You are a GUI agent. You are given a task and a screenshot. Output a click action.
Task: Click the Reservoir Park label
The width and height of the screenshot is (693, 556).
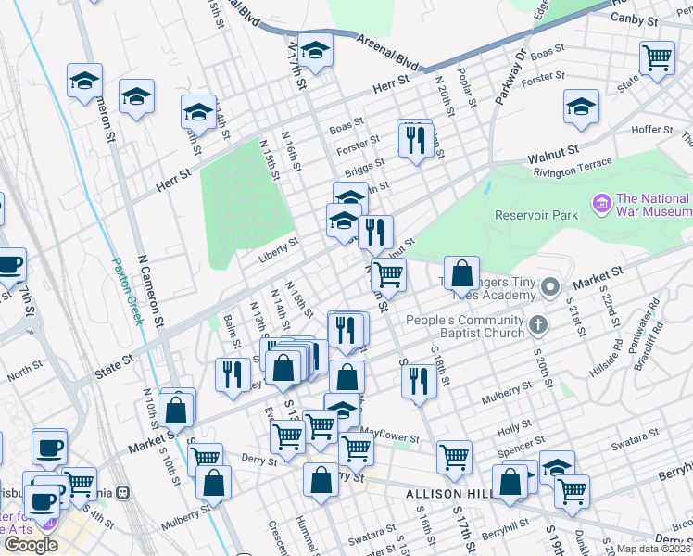(535, 215)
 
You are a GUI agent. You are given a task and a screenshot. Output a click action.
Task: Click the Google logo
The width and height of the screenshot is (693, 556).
(31, 545)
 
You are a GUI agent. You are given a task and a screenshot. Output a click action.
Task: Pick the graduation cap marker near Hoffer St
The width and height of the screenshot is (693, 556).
(581, 107)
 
